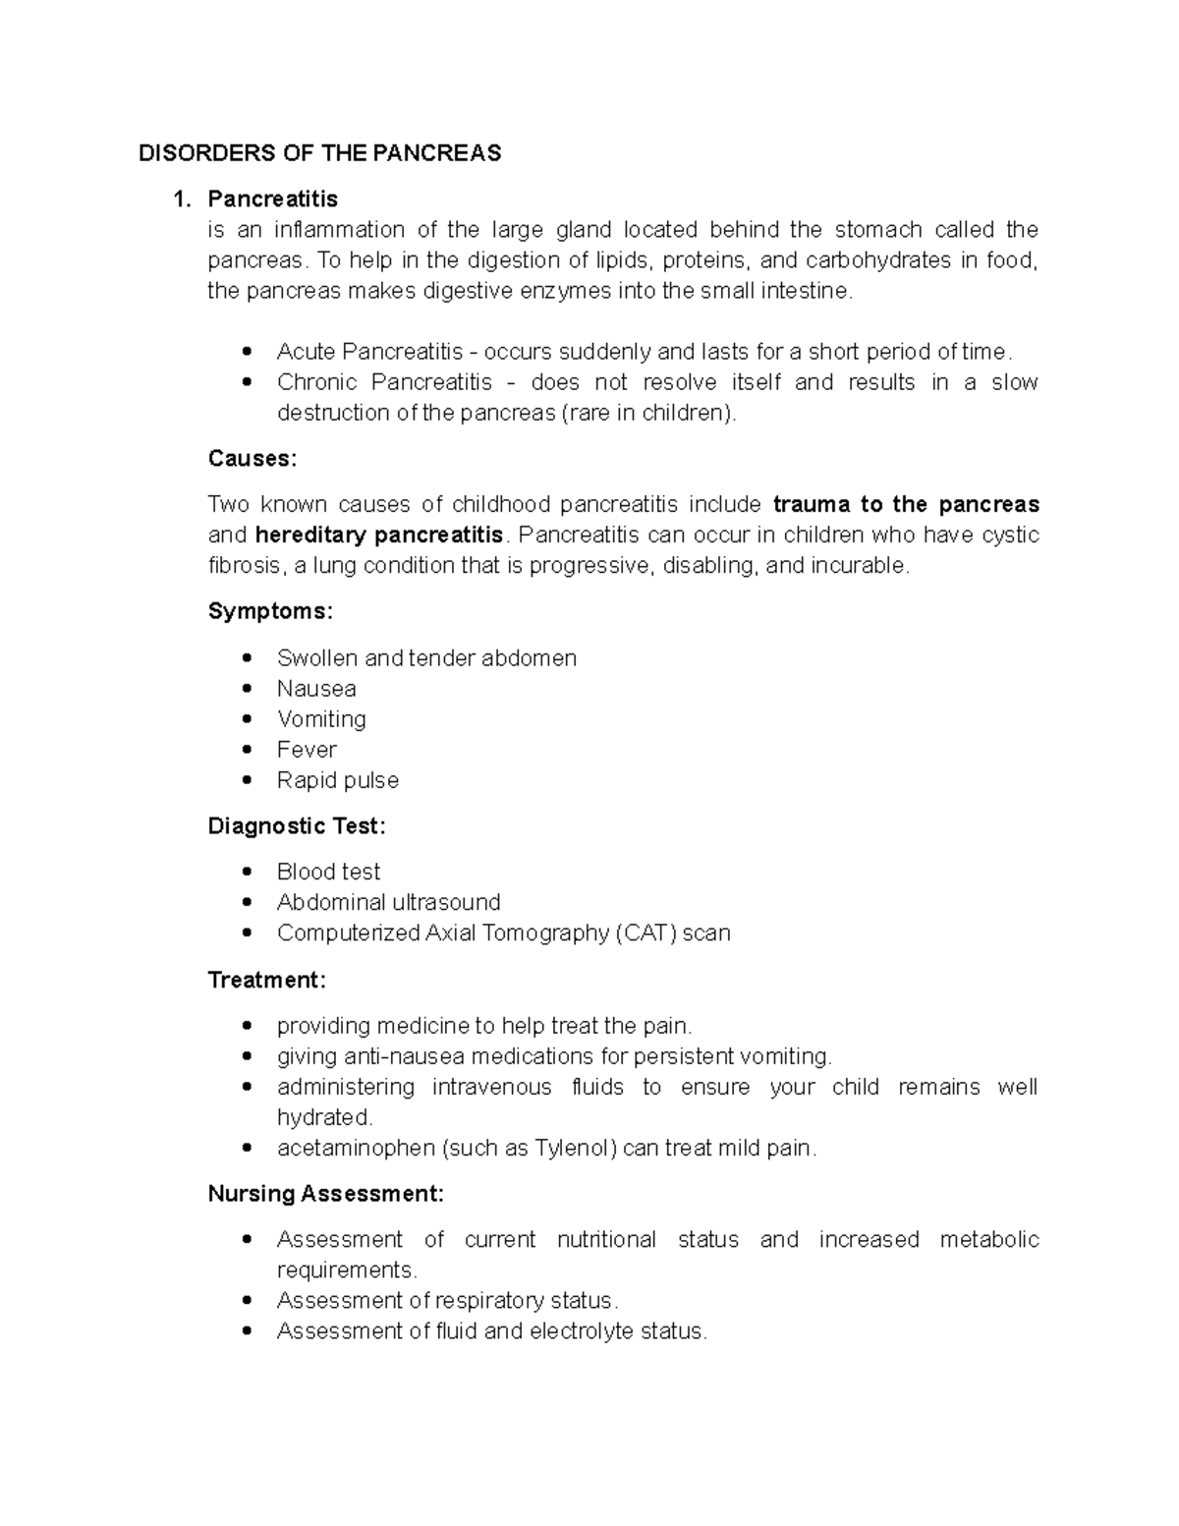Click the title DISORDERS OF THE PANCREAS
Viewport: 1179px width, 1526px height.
pyautogui.click(x=319, y=153)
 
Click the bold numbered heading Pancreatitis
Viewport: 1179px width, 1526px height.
pyautogui.click(x=272, y=199)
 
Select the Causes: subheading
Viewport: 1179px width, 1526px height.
pyautogui.click(x=252, y=459)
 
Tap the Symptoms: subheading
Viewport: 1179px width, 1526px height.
pyautogui.click(x=270, y=611)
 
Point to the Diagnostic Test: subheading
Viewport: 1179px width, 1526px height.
pyautogui.click(x=297, y=826)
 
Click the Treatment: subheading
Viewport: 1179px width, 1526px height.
pyautogui.click(x=266, y=980)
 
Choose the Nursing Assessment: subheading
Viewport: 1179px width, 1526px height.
pyautogui.click(x=325, y=1194)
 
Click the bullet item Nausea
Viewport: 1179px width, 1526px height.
pyautogui.click(x=316, y=689)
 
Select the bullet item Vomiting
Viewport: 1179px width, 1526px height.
pyautogui.click(x=321, y=719)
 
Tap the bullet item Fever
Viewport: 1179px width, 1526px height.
pyautogui.click(x=307, y=750)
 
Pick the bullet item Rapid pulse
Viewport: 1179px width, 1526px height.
pyautogui.click(x=338, y=780)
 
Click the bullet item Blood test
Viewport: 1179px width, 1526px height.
pyautogui.click(x=328, y=872)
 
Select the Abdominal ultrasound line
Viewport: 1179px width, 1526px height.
pyautogui.click(x=388, y=902)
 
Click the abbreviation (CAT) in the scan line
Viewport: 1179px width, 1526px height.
pyautogui.click(x=646, y=933)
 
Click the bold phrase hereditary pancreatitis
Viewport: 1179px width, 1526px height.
pyautogui.click(x=378, y=536)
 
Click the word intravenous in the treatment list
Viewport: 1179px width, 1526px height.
pyautogui.click(x=491, y=1087)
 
